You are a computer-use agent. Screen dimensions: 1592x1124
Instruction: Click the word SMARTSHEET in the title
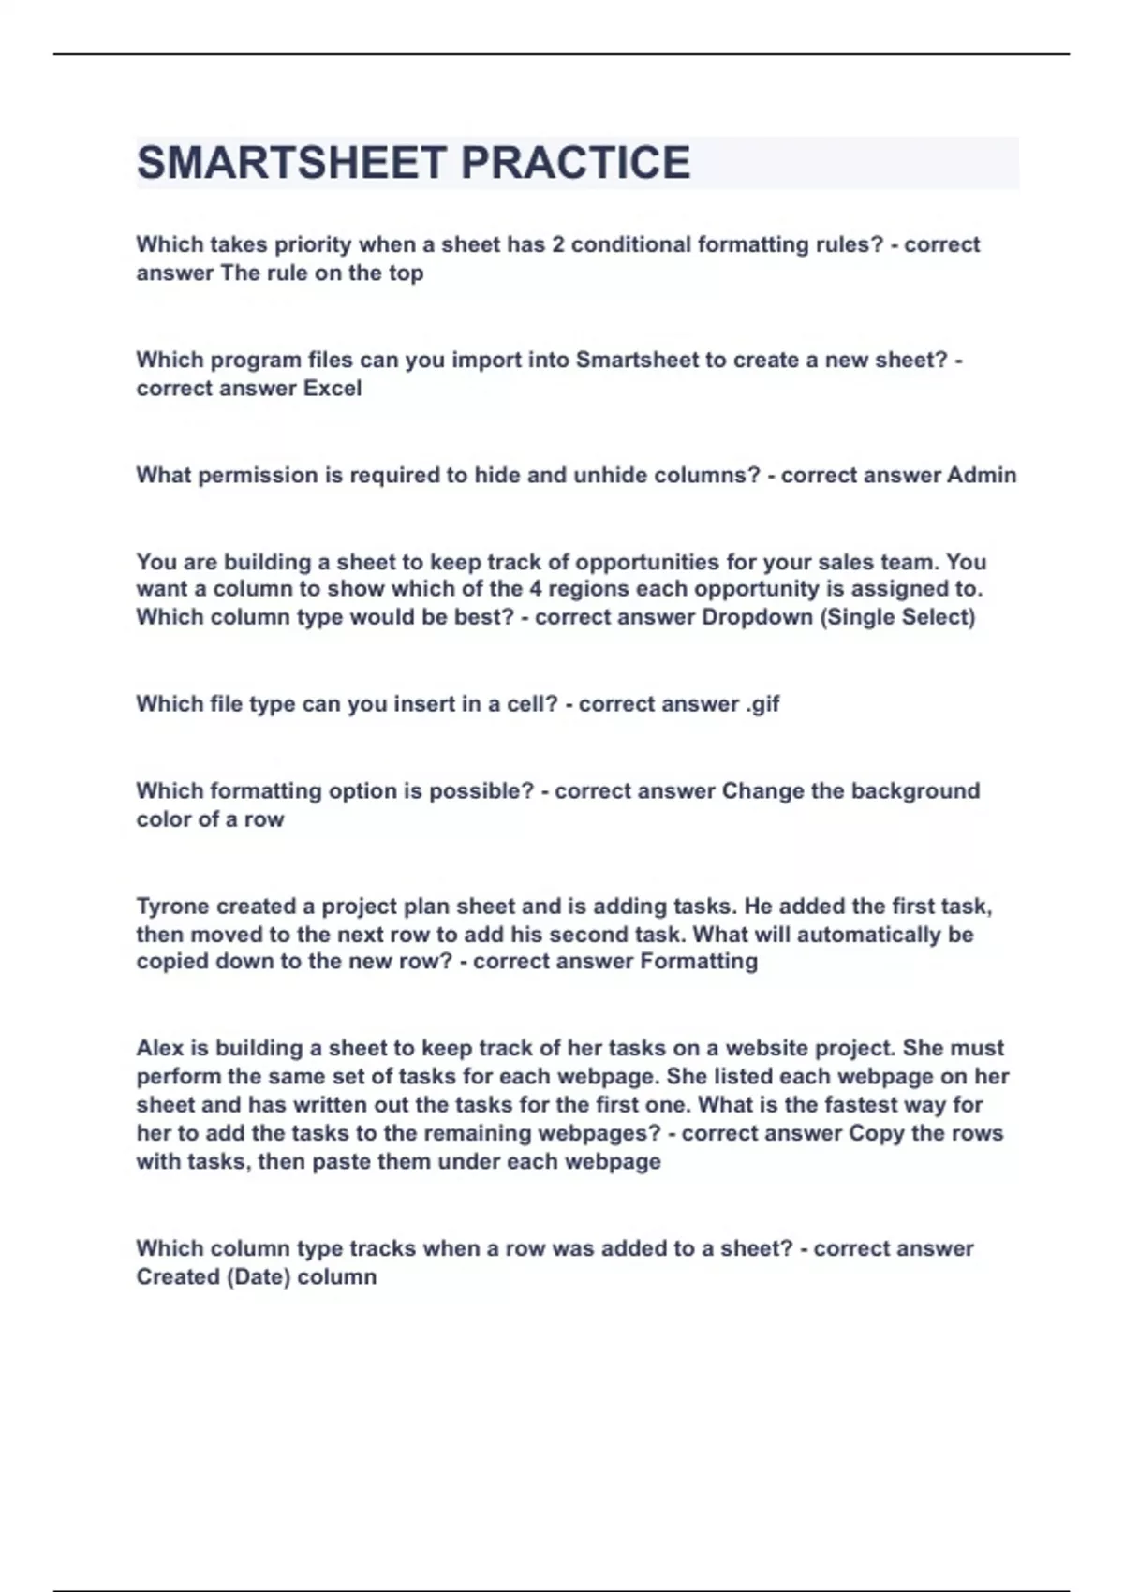[291, 163]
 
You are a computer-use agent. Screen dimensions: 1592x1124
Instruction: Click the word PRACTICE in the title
[576, 163]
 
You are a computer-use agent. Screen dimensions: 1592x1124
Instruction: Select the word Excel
[333, 389]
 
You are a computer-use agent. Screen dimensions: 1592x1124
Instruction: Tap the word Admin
[981, 476]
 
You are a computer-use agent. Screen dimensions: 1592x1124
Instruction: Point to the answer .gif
[762, 704]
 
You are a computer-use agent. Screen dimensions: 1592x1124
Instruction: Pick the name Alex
[160, 1048]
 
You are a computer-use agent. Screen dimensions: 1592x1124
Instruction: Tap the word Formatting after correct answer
[699, 962]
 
